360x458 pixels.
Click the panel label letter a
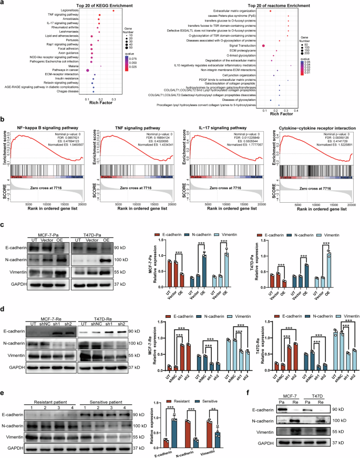[4, 4]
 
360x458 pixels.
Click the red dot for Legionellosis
[113, 10]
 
